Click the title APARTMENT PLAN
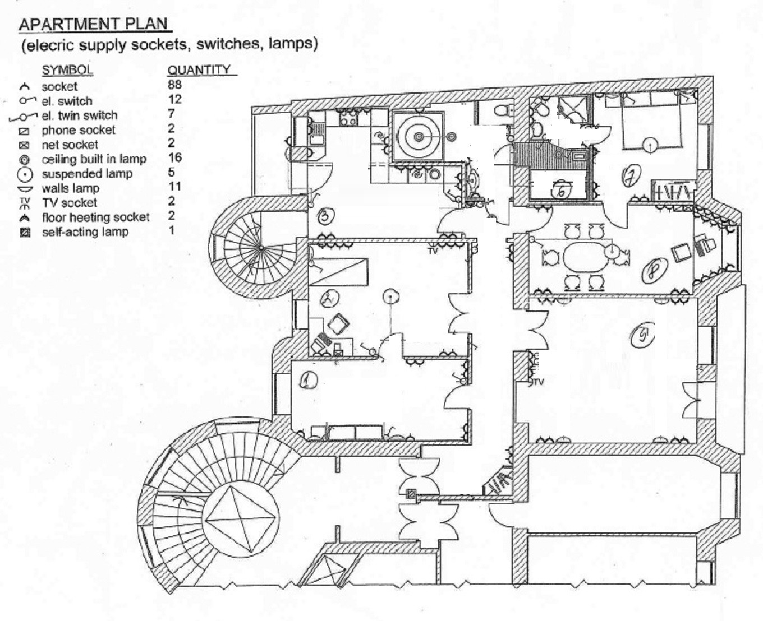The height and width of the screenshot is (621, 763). pyautogui.click(x=93, y=24)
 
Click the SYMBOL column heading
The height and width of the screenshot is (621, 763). pyautogui.click(x=67, y=70)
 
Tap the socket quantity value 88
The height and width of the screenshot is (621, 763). pyautogui.click(x=174, y=85)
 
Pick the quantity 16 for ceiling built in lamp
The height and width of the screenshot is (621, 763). pyautogui.click(x=174, y=158)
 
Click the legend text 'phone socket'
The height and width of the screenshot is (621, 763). pyautogui.click(x=78, y=130)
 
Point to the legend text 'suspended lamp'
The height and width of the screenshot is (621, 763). pyautogui.click(x=87, y=174)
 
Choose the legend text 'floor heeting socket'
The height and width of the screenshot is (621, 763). pyautogui.click(x=95, y=217)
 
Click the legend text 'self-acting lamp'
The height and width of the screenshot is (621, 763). pyautogui.click(x=85, y=231)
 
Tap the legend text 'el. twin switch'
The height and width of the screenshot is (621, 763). pyautogui.click(x=79, y=115)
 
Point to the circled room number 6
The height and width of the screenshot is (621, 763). pyautogui.click(x=562, y=190)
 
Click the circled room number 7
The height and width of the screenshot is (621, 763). pyautogui.click(x=631, y=177)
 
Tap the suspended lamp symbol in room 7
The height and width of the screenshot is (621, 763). pyautogui.click(x=650, y=145)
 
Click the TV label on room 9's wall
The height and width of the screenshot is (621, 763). pyautogui.click(x=539, y=382)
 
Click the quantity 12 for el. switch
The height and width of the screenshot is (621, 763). pyautogui.click(x=174, y=99)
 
